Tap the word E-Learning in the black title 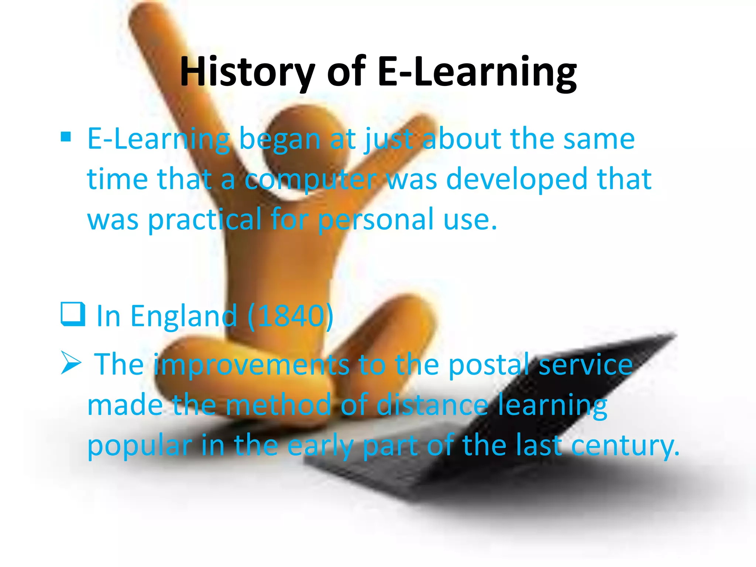coord(477,72)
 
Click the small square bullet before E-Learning coord(66,137)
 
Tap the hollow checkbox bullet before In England coord(72,314)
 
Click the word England coord(183,316)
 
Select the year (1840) coord(291,316)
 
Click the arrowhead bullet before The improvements coord(71,362)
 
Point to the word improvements coord(251,365)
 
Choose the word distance coord(432,405)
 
